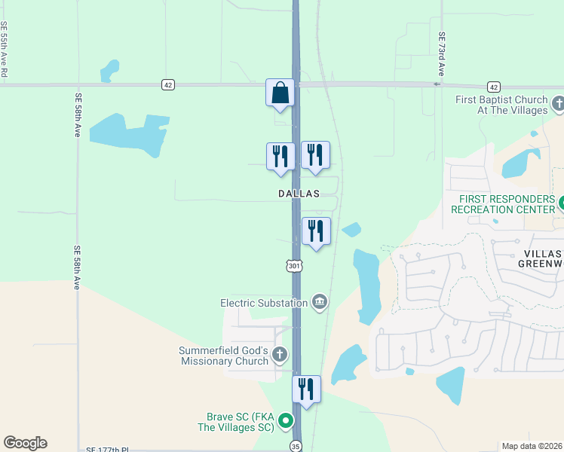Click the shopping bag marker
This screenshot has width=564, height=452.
(x=280, y=93)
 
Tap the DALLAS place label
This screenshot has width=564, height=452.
(x=299, y=194)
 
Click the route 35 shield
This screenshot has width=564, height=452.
(x=296, y=445)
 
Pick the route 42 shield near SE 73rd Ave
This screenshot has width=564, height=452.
(x=493, y=87)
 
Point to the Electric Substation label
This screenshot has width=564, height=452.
(x=264, y=303)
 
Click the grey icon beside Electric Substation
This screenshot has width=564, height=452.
(x=319, y=303)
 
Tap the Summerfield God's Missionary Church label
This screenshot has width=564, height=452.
(x=223, y=356)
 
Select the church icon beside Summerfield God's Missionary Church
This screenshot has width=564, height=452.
(x=279, y=355)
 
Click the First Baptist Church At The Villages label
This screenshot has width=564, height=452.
(x=501, y=105)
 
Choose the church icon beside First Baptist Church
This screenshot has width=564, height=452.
(x=558, y=103)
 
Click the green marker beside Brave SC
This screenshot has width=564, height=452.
(x=286, y=421)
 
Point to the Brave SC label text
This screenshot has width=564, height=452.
(x=240, y=421)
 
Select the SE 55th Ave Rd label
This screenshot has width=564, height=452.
(x=5, y=50)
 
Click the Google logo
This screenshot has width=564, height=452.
(x=25, y=443)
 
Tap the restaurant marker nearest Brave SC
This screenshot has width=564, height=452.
(x=306, y=389)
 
